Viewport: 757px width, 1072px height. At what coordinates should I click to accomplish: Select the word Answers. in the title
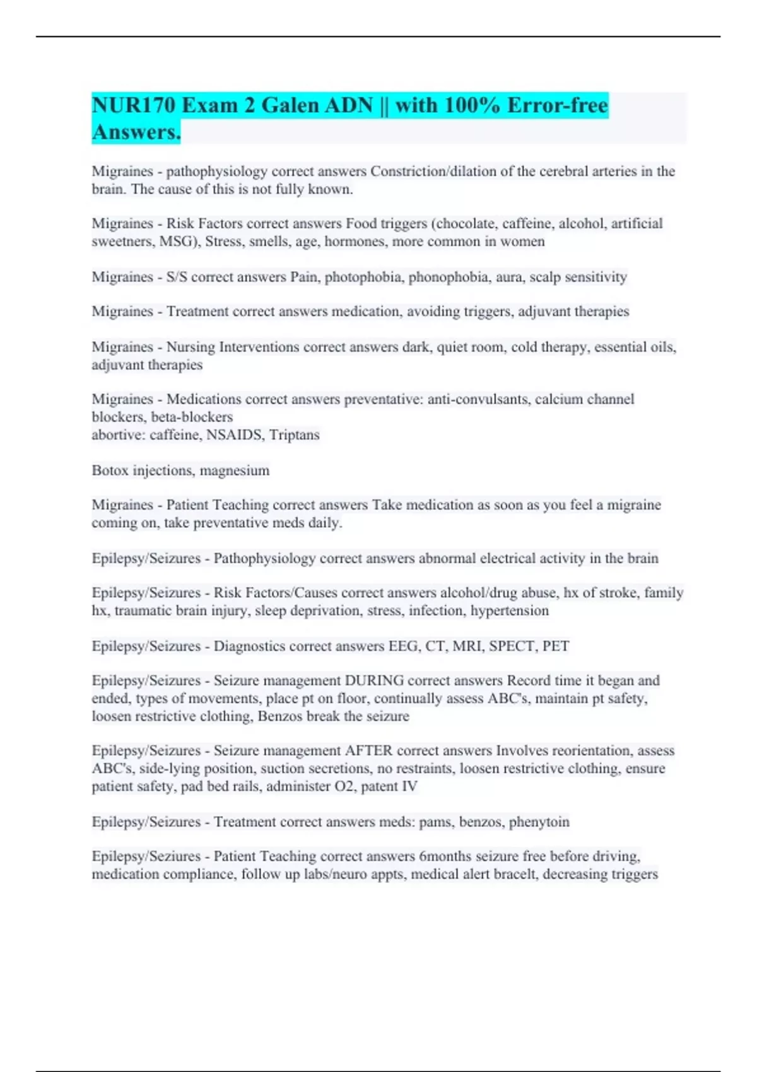136,132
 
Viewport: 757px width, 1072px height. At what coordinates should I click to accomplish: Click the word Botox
110,470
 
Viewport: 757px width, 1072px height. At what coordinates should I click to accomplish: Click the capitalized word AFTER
368,751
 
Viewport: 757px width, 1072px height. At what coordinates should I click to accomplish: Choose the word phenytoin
539,822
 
